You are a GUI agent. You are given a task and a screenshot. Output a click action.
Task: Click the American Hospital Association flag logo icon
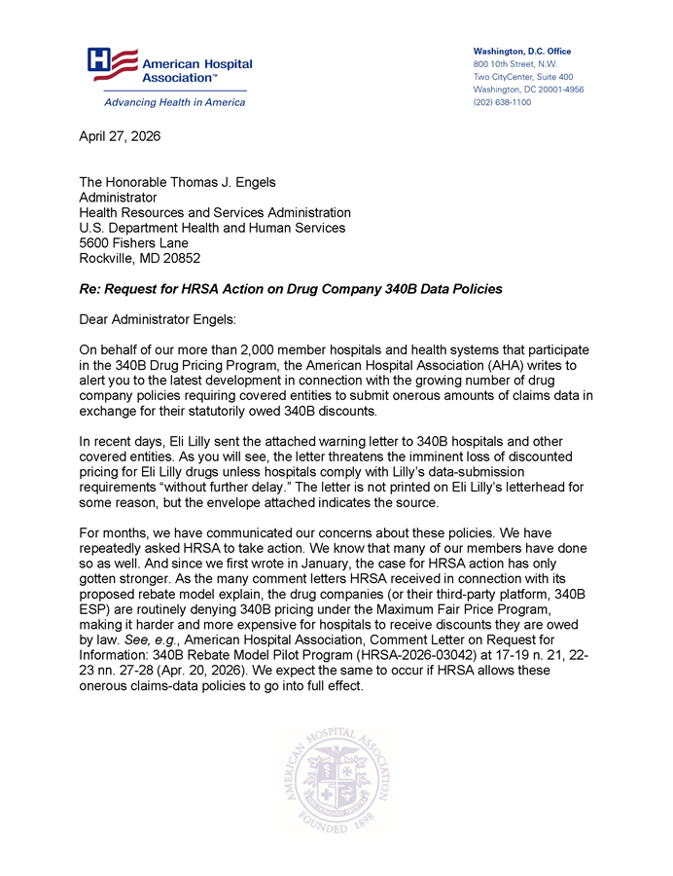pyautogui.click(x=107, y=64)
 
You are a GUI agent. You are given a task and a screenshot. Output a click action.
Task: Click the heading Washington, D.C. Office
pyautogui.click(x=521, y=51)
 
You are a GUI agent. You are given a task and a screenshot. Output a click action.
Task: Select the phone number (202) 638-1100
pyautogui.click(x=502, y=101)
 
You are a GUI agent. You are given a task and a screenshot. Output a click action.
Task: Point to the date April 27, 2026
pyautogui.click(x=119, y=136)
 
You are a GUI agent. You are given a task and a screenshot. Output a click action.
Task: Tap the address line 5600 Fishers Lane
pyautogui.click(x=133, y=242)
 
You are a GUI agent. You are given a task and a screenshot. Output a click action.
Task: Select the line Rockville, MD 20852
pyautogui.click(x=140, y=258)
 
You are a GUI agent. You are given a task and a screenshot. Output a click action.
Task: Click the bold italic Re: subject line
pyautogui.click(x=290, y=291)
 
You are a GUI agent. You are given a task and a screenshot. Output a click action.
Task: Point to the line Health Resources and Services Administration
pyautogui.click(x=214, y=212)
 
